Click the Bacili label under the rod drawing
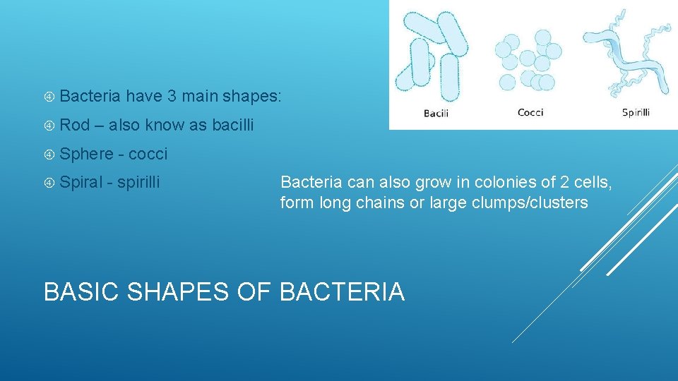436,113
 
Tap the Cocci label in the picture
530,112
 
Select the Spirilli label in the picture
636,112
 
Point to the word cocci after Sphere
148,154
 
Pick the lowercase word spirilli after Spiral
138,183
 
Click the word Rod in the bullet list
75,125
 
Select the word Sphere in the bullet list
86,154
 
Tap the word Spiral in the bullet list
81,183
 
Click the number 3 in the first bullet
172,96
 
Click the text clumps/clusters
522,203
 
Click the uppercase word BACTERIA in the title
343,291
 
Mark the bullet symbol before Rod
49,126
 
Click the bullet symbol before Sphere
49,155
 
